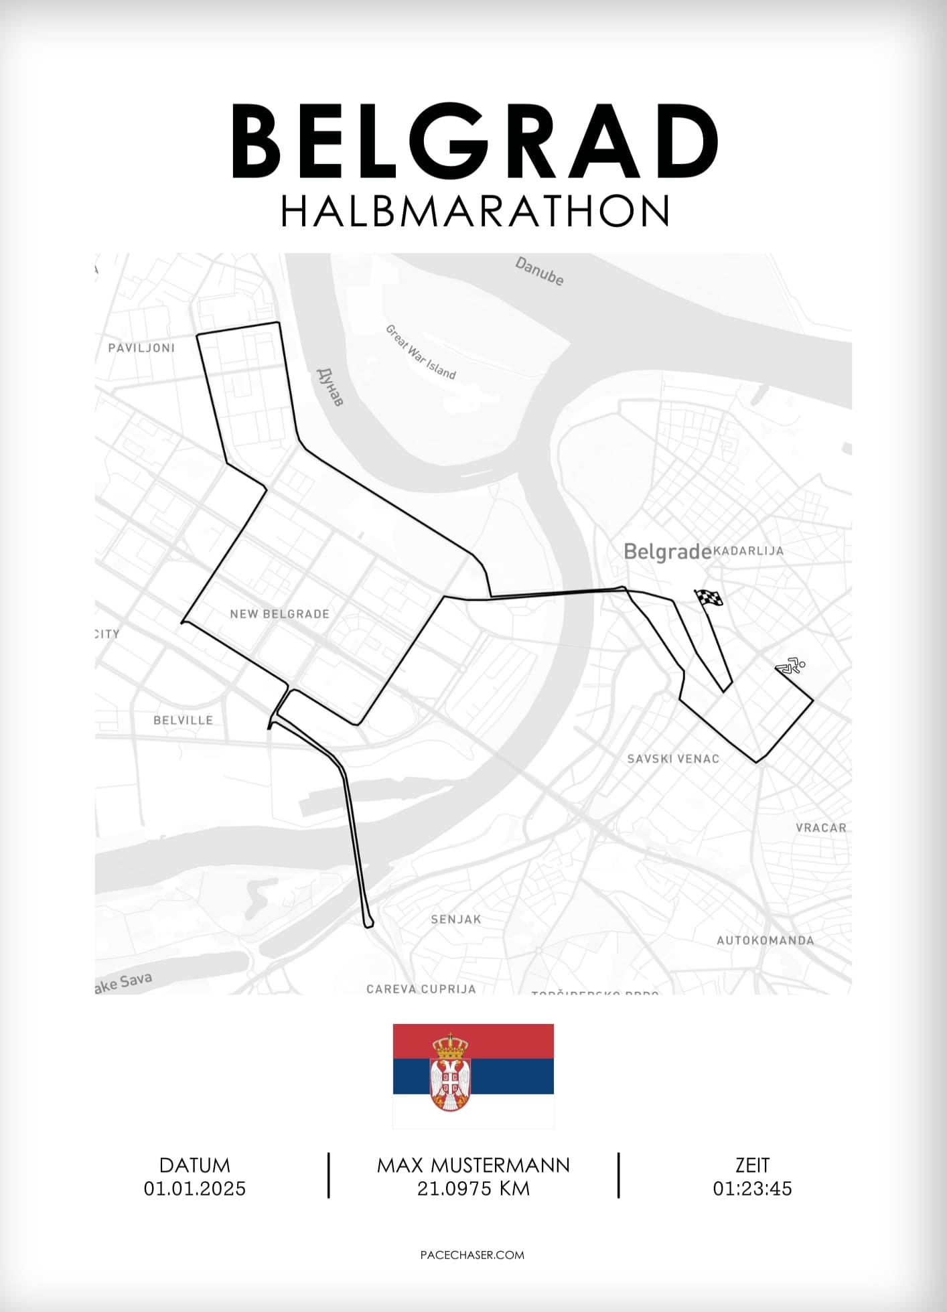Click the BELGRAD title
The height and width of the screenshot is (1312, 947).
point(474,142)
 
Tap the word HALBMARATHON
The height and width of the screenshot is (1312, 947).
point(474,212)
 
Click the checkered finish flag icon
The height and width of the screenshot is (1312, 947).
point(709,598)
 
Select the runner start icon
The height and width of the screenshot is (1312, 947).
point(791,666)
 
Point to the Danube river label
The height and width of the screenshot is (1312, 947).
point(539,271)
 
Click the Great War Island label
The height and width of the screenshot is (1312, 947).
point(421,352)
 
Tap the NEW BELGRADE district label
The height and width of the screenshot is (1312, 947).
point(279,613)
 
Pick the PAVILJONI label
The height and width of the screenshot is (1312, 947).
point(141,348)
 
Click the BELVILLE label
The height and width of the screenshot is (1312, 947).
point(183,720)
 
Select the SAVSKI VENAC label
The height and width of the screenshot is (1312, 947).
point(673,759)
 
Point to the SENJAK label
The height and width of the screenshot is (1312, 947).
point(456,919)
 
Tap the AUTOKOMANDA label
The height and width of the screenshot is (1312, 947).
point(765,940)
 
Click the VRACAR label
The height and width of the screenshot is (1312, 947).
point(821,828)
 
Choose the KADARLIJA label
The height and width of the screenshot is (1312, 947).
point(748,551)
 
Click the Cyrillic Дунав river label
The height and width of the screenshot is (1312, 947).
point(330,386)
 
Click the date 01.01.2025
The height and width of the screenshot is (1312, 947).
point(195,1189)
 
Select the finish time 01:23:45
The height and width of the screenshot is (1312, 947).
point(752,1189)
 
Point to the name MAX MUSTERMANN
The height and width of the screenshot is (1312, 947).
point(473,1165)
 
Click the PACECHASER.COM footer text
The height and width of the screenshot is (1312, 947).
point(472,1255)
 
